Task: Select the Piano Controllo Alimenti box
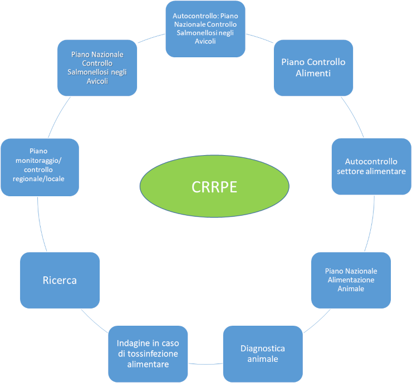pyautogui.click(x=313, y=67)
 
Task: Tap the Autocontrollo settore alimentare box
pyautogui.click(x=371, y=166)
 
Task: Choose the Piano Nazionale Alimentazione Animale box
pyautogui.click(x=351, y=280)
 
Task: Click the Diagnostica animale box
pyautogui.click(x=263, y=353)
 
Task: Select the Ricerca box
pyautogui.click(x=60, y=280)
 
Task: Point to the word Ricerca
pyautogui.click(x=60, y=280)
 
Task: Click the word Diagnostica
pyautogui.click(x=263, y=349)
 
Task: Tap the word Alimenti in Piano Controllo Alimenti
pyautogui.click(x=313, y=73)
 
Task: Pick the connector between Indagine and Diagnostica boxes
pyautogui.click(x=205, y=364)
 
